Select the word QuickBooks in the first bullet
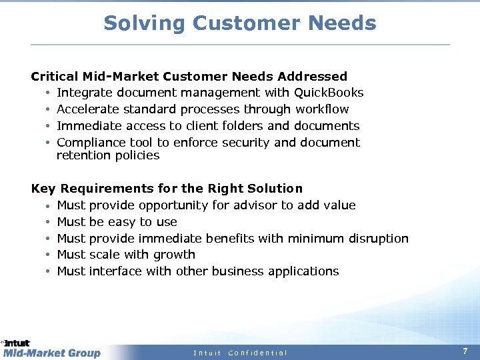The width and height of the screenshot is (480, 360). (x=329, y=93)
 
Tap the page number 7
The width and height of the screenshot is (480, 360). (x=465, y=351)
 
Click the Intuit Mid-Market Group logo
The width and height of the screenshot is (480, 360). (x=51, y=349)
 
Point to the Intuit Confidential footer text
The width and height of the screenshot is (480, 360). (x=240, y=353)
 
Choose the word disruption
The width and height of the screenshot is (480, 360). (x=378, y=239)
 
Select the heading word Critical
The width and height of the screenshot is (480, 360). (x=55, y=77)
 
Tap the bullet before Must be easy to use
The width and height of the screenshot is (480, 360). (x=49, y=222)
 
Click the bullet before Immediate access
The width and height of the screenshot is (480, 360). (x=49, y=126)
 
